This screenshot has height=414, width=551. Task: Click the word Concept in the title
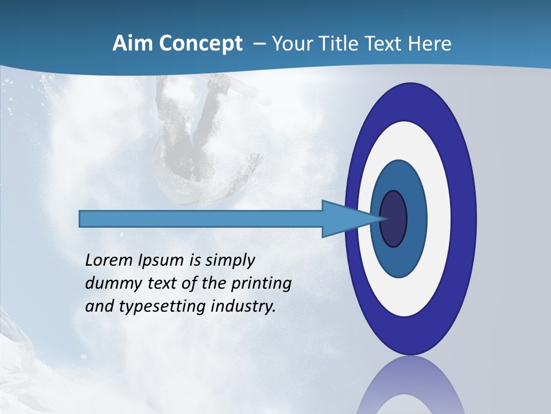[x=200, y=44]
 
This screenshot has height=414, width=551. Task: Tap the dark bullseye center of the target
[x=394, y=219]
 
